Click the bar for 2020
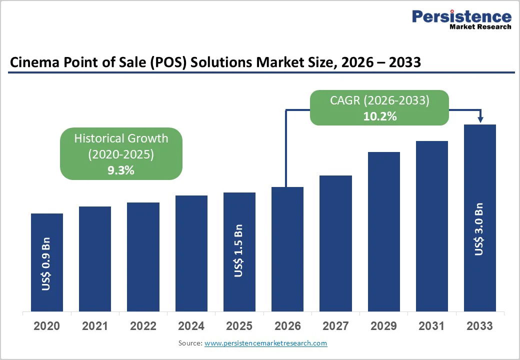click(x=47, y=262)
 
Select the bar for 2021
click(x=95, y=258)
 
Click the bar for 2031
click(x=432, y=225)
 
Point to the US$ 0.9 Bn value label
click(x=46, y=267)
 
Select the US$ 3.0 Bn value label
click(x=479, y=229)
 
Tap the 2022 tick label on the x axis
click(x=143, y=326)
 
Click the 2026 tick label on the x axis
click(x=287, y=326)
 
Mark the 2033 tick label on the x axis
click(x=479, y=326)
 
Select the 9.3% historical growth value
click(x=121, y=170)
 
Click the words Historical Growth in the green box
click(x=121, y=138)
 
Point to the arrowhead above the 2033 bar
click(x=480, y=119)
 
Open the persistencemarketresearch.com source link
click(x=265, y=343)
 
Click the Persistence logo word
click(x=461, y=16)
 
